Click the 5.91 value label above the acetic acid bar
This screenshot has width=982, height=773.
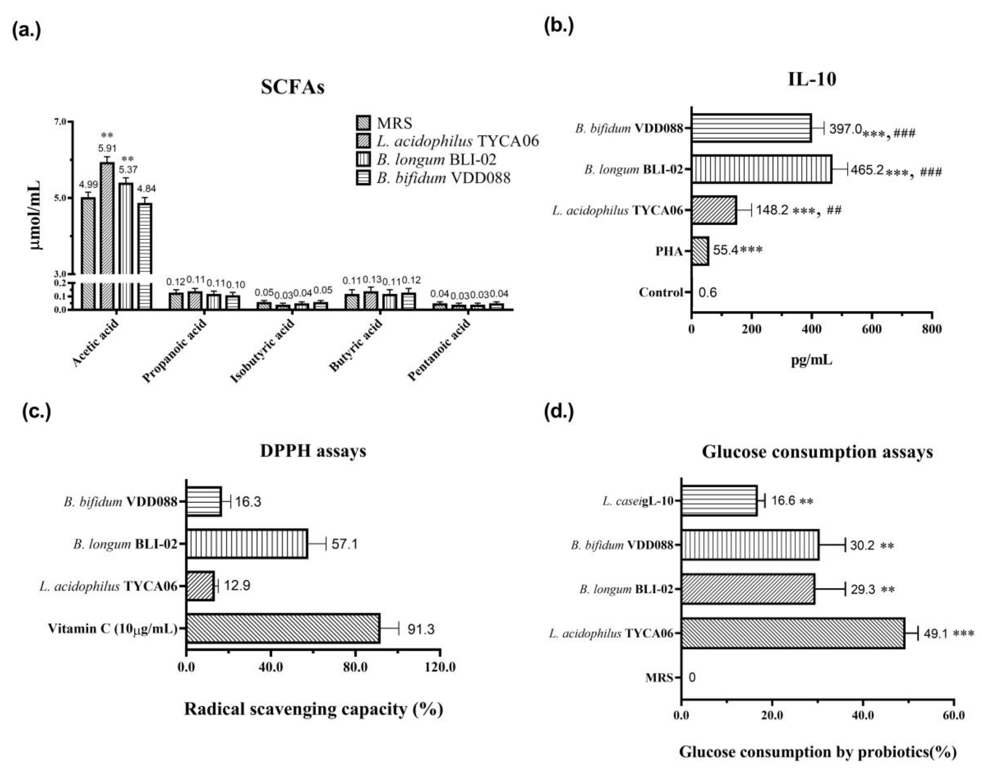107,148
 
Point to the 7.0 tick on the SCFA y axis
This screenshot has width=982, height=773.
60,122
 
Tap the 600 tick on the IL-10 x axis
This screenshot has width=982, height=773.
872,329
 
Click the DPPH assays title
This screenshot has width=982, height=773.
313,451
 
